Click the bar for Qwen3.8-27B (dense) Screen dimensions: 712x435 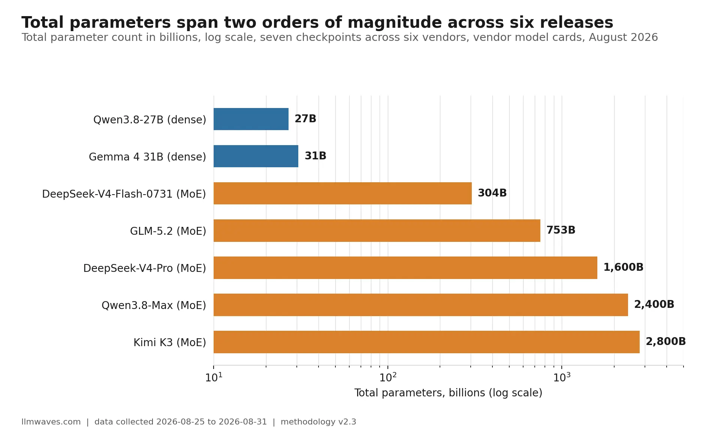[251, 119]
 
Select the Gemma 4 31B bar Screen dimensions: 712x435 [256, 156]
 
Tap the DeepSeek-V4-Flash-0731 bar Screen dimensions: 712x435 [343, 193]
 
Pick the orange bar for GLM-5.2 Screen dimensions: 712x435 [377, 230]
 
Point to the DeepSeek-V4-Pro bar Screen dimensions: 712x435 [405, 267]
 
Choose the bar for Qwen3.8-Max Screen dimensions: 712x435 [421, 304]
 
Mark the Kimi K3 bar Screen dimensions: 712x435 [426, 342]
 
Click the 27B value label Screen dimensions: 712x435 [305, 119]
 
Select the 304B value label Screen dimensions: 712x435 [492, 193]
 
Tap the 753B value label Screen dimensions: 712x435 [561, 230]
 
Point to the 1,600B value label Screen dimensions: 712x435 [623, 267]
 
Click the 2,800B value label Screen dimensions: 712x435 [666, 342]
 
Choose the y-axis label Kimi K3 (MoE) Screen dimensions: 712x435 [170, 342]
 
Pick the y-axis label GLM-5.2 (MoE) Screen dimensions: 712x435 [168, 231]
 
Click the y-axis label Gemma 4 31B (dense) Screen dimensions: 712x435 [147, 157]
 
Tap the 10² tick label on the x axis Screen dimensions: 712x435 [388, 377]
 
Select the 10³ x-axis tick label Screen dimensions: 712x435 [562, 377]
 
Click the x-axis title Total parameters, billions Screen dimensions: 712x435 [420, 393]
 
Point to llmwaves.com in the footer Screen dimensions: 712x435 [51, 422]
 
